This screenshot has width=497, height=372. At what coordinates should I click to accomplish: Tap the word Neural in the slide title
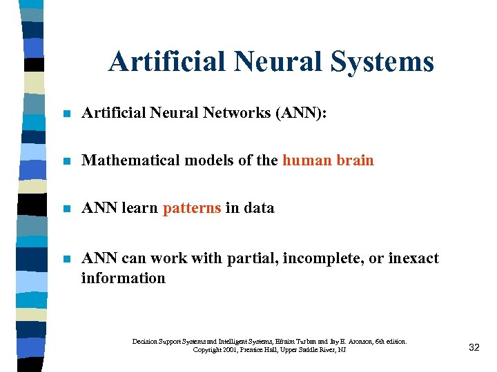pos(281,61)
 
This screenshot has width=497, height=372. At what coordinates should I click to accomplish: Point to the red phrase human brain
pos(328,161)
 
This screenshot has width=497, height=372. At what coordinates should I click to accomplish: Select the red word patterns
pos(192,208)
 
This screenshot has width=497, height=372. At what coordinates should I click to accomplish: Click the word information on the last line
pos(124,278)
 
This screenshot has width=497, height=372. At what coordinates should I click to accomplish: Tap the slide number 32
pos(474,347)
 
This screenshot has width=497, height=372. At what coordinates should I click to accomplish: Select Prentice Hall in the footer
pos(260,350)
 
